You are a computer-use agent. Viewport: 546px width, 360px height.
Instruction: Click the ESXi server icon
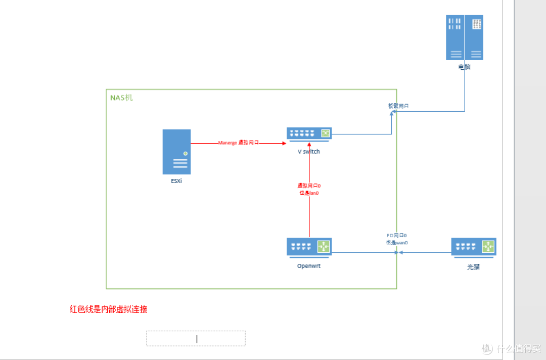tap(176, 152)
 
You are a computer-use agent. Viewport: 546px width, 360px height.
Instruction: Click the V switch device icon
tap(309, 133)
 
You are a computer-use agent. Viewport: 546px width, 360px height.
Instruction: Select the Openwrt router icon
tap(309, 247)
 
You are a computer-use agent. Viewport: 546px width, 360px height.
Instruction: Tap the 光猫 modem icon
tap(473, 247)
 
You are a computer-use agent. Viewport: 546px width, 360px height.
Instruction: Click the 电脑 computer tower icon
tap(464, 37)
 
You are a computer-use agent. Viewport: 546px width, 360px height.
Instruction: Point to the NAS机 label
tap(121, 98)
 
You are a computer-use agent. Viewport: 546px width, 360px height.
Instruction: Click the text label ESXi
tap(176, 181)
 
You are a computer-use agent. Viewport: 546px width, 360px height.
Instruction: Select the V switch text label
tap(309, 152)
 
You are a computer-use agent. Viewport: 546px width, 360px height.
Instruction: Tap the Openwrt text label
tap(309, 266)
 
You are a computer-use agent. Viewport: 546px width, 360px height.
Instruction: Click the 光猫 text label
tap(473, 267)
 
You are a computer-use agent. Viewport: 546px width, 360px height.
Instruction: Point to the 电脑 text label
tap(464, 67)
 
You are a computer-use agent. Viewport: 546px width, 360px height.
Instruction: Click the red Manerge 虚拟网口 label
tap(238, 143)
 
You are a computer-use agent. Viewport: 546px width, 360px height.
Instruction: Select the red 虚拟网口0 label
tap(309, 186)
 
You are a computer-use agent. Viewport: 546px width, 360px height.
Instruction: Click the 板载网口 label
tap(398, 106)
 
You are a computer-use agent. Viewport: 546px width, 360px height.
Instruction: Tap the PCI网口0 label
tap(397, 236)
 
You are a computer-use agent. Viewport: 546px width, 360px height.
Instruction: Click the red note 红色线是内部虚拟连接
tap(108, 309)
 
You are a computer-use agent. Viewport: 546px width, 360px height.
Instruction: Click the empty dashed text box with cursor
tap(196, 338)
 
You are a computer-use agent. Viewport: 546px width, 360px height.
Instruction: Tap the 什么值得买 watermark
tap(511, 348)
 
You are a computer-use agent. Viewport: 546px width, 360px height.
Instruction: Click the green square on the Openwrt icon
tap(323, 246)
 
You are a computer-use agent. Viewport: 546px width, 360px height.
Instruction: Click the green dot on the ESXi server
tap(186, 153)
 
